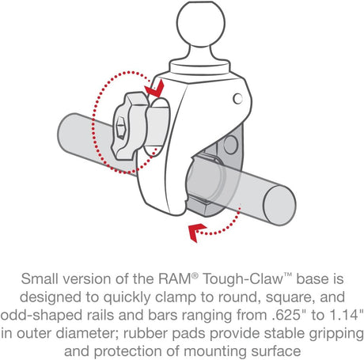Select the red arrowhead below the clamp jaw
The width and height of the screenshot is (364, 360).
192,230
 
